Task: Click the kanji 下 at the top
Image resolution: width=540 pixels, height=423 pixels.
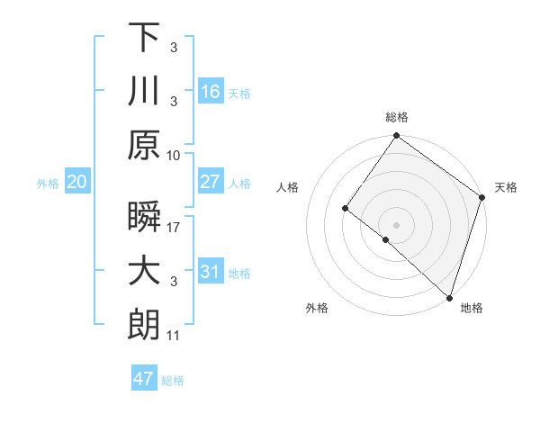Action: [144, 38]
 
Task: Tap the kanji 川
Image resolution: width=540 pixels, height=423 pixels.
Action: [144, 92]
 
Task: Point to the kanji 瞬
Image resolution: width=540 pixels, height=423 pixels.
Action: [144, 219]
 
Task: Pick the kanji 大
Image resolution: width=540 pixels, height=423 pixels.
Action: [144, 272]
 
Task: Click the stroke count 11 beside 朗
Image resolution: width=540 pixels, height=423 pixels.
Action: [174, 336]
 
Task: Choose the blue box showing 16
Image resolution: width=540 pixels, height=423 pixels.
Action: [211, 91]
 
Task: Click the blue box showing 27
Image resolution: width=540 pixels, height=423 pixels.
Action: [211, 182]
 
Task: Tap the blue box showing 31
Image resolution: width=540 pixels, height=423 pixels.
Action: [211, 272]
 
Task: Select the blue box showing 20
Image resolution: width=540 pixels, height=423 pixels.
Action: [77, 183]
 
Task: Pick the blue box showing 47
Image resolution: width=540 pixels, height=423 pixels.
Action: [144, 379]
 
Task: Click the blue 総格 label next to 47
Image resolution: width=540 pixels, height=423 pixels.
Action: [173, 381]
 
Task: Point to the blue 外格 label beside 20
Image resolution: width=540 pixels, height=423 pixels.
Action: [48, 184]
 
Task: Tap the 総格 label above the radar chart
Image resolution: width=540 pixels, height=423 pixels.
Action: [397, 117]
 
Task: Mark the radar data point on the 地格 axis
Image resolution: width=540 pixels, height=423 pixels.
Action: [448, 296]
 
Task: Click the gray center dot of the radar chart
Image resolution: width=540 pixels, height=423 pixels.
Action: [396, 224]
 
